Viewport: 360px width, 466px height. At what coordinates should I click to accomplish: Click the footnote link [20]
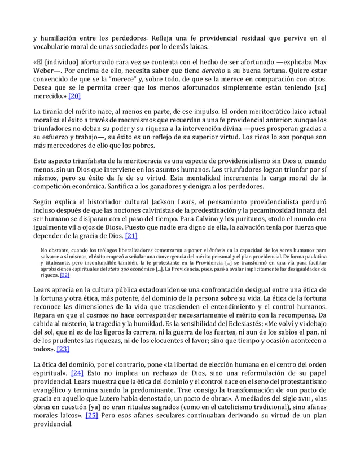[74, 96]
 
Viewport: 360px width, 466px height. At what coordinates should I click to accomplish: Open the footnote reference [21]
[131, 236]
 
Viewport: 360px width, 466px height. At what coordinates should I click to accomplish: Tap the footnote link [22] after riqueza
[64, 275]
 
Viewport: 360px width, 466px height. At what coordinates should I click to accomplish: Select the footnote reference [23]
[63, 349]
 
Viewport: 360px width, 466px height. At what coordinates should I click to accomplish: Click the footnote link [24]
[77, 373]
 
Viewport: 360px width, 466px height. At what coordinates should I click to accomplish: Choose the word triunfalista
[95, 160]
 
